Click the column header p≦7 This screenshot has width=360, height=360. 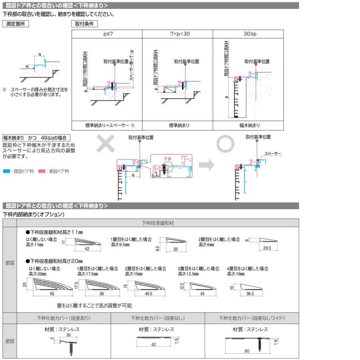pos(107,34)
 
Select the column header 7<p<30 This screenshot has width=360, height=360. pos(177,34)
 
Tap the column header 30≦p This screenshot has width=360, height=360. pos(248,34)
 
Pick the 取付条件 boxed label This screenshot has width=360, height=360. pos(84,24)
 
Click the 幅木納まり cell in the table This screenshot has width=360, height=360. pos(248,125)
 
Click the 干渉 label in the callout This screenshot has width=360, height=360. pos(167,159)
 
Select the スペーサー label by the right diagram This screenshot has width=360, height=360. pos(273,154)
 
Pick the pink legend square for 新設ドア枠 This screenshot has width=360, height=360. pos(41,171)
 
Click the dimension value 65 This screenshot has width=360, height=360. pos(52,294)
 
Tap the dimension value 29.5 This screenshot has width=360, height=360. pos(268,248)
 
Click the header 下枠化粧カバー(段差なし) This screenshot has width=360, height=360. pos(158,318)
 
